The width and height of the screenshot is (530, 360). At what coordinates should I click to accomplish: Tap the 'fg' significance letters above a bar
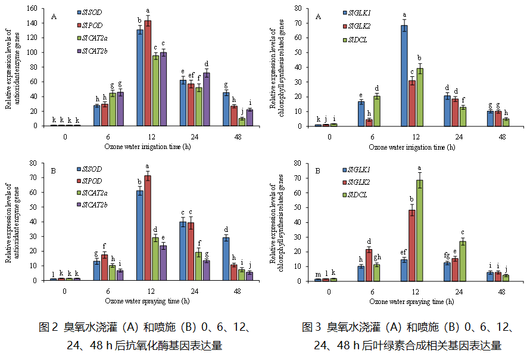446,255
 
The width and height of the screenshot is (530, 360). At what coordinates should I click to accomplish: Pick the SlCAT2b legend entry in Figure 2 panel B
93,206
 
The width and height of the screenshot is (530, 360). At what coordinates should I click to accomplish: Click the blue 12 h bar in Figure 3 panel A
404,75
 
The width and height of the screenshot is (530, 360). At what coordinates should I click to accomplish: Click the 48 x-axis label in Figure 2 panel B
238,290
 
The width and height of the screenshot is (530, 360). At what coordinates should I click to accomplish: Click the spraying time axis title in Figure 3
414,302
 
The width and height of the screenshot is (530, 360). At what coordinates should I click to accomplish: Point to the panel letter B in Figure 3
318,170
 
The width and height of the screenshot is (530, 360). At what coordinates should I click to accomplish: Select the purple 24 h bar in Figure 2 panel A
207,99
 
